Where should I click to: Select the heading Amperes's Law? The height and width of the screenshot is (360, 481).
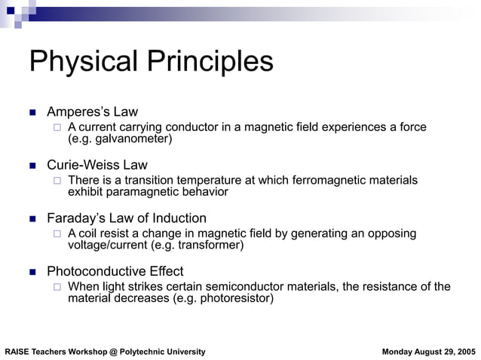tap(92, 112)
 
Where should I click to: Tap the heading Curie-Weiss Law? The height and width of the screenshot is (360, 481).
tap(97, 165)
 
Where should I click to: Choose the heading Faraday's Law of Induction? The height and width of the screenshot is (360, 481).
tap(127, 218)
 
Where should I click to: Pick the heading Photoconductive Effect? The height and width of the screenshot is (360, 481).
tap(115, 271)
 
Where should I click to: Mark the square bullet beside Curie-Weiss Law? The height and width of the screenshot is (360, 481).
tap(32, 166)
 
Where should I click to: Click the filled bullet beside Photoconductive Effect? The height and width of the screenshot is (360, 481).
tap(32, 272)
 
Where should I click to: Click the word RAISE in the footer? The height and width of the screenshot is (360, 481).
tap(17, 352)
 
